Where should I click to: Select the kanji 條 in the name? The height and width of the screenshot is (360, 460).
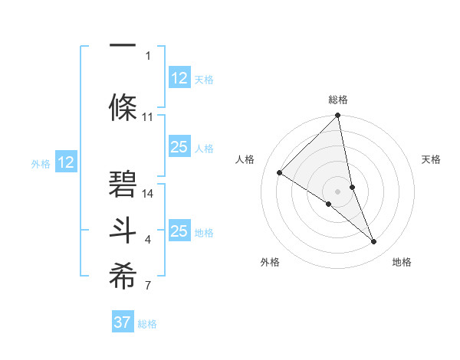click(x=123, y=106)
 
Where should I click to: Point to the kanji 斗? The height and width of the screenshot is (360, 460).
click(x=123, y=231)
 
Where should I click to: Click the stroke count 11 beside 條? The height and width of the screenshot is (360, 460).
click(x=148, y=117)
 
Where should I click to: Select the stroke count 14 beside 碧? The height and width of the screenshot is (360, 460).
click(x=148, y=193)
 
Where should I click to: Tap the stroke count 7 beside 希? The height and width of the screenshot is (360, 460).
click(x=148, y=286)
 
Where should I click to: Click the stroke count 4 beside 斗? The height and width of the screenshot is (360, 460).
click(x=148, y=240)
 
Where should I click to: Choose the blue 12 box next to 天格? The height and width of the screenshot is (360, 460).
click(x=179, y=78)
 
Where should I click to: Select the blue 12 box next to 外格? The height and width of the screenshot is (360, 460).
click(x=66, y=162)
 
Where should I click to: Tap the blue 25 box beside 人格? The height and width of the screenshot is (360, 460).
click(x=179, y=147)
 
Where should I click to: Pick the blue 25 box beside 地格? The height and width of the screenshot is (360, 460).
click(x=179, y=231)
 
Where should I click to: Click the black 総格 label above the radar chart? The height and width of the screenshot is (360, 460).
click(x=338, y=100)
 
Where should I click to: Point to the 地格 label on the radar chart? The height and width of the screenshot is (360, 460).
click(x=402, y=262)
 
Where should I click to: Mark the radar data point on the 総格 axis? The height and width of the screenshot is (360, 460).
click(x=338, y=116)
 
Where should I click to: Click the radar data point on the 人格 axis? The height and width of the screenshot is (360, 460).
click(x=280, y=172)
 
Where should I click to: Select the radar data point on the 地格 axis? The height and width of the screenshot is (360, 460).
click(x=374, y=241)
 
